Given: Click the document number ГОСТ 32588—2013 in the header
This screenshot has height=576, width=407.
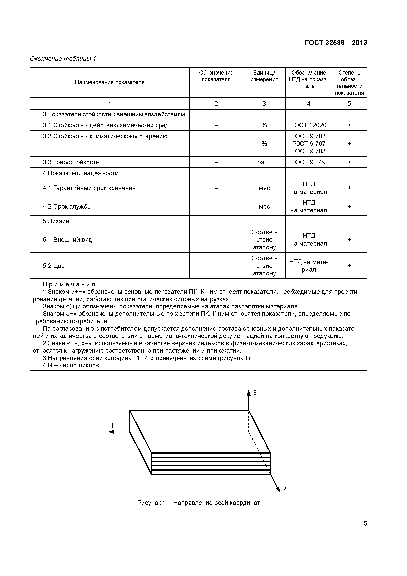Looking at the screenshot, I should point(336,43).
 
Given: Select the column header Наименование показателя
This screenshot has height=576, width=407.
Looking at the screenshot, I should point(110,82).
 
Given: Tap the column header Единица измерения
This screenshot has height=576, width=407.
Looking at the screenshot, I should point(264,76).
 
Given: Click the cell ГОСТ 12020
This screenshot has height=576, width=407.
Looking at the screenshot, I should point(309,125).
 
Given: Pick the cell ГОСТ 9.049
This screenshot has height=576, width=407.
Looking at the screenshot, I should point(309,162).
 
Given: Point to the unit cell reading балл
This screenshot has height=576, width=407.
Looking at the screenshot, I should point(264,162).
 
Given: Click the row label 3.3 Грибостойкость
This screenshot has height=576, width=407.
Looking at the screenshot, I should point(71,162).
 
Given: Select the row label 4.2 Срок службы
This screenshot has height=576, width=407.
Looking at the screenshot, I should point(67,207).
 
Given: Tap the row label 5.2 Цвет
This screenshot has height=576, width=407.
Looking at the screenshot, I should point(55,266).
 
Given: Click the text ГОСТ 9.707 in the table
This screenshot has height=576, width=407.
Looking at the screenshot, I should point(309,144).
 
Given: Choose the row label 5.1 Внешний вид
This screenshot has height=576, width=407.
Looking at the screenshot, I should point(67,240).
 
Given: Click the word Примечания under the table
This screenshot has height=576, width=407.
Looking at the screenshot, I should point(69,285).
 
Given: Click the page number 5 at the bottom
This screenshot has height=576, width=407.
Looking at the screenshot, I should point(365,524).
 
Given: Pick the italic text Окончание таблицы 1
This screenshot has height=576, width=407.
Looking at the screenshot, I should point(63,59).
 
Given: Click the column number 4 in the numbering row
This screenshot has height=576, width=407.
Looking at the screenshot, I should point(309,104).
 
